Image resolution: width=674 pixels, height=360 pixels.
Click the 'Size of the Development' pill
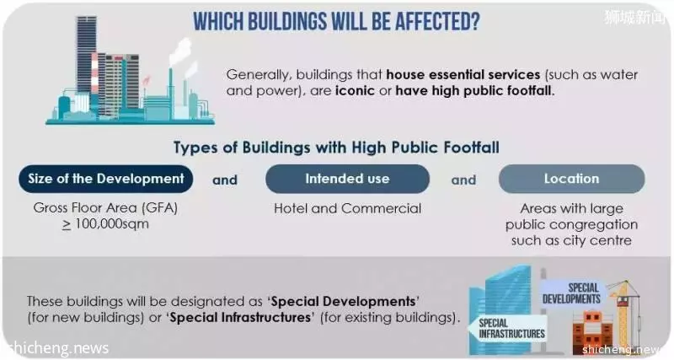click(x=106, y=179)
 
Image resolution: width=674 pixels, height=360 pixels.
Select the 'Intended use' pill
click(x=347, y=179)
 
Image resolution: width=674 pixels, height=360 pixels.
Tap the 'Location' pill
click(x=571, y=179)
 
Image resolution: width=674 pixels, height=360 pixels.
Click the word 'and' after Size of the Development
click(x=225, y=180)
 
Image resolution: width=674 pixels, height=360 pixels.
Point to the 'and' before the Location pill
click(x=463, y=180)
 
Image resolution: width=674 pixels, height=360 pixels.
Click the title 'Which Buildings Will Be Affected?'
click(x=336, y=22)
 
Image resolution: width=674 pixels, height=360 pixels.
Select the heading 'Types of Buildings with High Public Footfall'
click(x=336, y=148)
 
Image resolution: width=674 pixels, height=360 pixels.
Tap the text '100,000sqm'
click(x=112, y=224)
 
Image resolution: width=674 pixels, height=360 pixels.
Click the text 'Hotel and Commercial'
click(x=347, y=208)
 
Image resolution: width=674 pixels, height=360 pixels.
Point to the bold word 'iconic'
click(x=355, y=91)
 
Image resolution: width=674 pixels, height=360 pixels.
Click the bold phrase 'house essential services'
click(x=463, y=74)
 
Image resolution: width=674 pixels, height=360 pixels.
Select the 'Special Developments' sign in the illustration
click(x=572, y=293)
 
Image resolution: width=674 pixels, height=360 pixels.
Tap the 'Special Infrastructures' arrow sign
click(x=509, y=329)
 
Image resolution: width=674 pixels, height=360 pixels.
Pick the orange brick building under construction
click(x=592, y=332)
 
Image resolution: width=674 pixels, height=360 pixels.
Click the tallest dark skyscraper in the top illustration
click(x=87, y=56)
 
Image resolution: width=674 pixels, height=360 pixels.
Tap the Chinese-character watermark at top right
click(x=636, y=17)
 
